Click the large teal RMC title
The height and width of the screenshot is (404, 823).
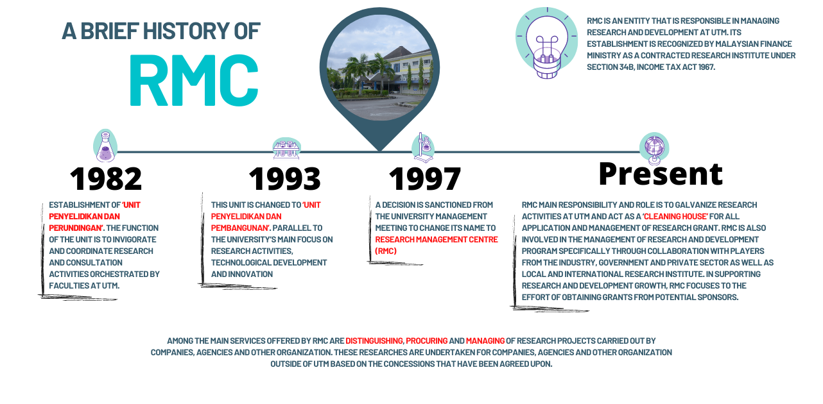[x=194, y=81]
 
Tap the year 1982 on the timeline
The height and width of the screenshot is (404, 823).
[x=106, y=179]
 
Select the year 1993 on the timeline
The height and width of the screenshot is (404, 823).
[x=284, y=179]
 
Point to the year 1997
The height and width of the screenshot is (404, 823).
[x=424, y=179]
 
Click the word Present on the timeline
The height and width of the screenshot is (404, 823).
[x=660, y=173]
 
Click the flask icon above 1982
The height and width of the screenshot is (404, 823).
[x=105, y=146]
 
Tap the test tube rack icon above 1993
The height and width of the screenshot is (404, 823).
[x=286, y=148]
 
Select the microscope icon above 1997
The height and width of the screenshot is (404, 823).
[x=422, y=147]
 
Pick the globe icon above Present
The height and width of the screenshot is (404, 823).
[x=654, y=148]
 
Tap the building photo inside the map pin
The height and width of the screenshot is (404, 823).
[x=379, y=69]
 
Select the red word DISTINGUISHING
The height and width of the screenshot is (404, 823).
[x=374, y=341]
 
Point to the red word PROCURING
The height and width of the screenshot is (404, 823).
[x=426, y=341]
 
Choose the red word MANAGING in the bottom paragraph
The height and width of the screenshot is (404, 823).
[x=485, y=341]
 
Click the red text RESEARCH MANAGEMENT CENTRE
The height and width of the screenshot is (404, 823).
[x=436, y=239]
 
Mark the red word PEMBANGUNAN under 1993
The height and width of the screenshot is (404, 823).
[x=239, y=228]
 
